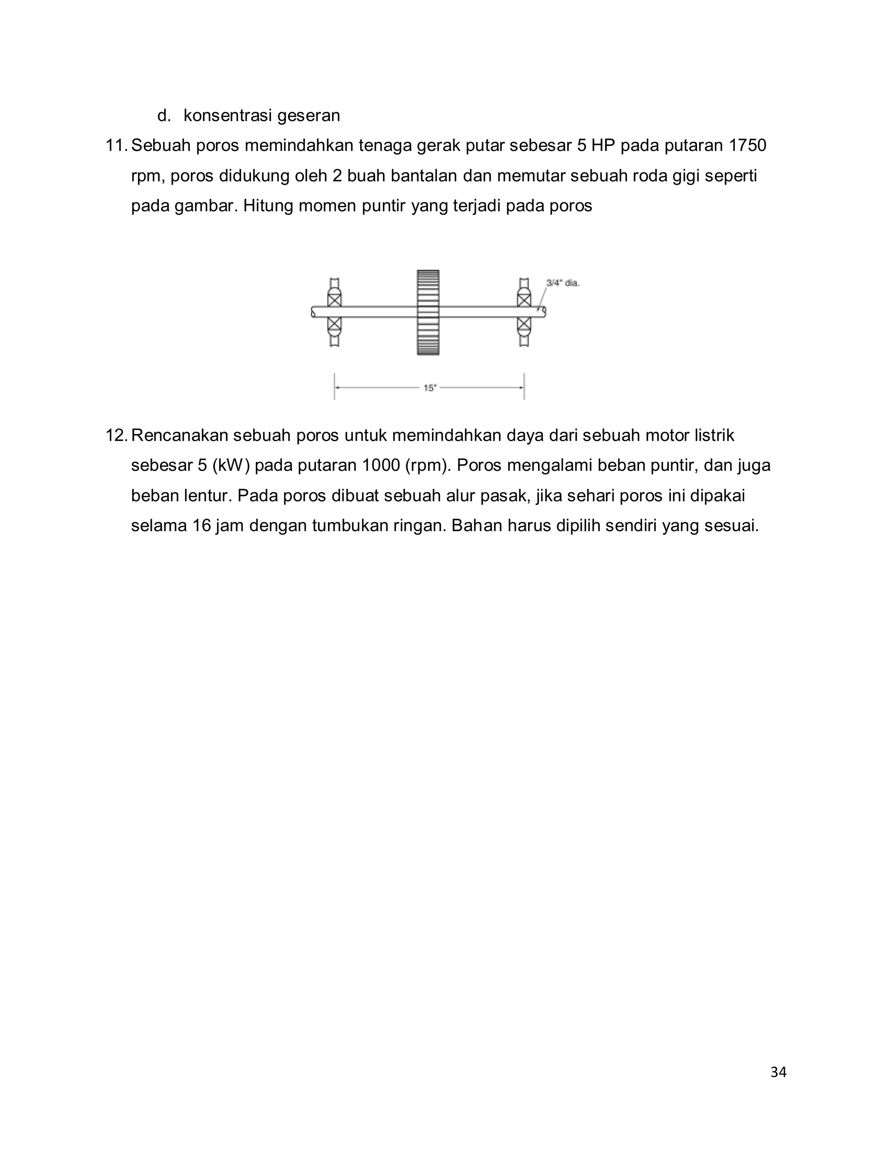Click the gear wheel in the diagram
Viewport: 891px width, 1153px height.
(428, 312)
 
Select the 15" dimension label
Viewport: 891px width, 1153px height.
(430, 388)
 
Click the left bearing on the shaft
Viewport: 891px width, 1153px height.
(334, 312)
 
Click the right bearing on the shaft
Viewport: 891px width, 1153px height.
(524, 312)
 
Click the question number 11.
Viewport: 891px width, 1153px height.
(116, 145)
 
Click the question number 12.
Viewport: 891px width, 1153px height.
(116, 436)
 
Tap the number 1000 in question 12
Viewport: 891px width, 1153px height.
(381, 466)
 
